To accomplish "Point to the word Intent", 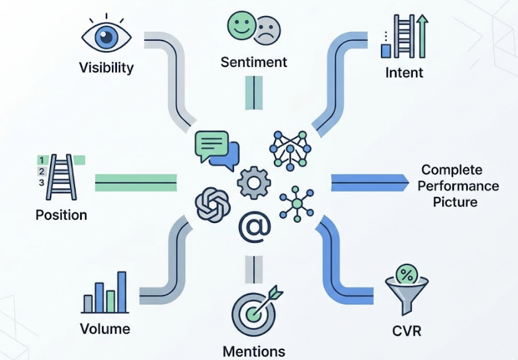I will click(x=404, y=72).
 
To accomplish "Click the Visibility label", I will click(x=106, y=67).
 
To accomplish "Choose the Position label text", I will click(x=61, y=215).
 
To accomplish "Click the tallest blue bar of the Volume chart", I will click(x=121, y=292).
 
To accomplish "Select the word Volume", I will click(x=105, y=328).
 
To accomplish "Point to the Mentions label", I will click(x=254, y=351).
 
